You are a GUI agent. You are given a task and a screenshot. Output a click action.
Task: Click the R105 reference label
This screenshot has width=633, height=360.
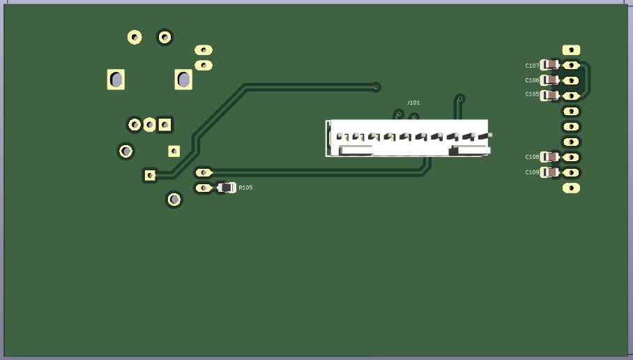pos(245,188)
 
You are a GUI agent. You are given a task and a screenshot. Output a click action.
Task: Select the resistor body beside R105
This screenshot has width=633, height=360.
pos(225,187)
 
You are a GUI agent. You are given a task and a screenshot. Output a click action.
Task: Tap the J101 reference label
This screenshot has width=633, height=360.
pos(413,103)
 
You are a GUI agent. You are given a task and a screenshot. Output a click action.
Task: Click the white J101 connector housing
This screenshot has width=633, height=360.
pos(408,138)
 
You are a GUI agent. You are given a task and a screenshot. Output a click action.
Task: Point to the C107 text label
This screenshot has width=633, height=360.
pos(532,66)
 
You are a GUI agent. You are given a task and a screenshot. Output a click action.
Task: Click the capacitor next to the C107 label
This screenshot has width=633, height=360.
pos(550,65)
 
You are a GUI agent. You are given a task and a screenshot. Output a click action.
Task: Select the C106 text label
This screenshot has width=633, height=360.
pos(532,80)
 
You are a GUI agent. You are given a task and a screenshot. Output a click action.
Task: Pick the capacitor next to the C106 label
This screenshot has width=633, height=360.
pos(550,80)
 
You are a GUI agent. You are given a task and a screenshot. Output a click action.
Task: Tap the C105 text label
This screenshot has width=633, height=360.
pos(532,94)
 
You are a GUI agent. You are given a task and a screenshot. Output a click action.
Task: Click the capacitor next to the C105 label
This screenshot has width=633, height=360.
pos(550,95)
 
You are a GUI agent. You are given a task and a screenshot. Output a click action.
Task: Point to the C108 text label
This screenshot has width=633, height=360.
pos(532,157)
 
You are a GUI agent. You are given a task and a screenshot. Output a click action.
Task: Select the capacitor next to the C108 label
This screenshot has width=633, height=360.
pos(550,157)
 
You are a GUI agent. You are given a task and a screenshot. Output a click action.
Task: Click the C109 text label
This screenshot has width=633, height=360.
pos(532,172)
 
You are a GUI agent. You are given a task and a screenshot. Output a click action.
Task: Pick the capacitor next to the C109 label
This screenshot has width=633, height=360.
pos(550,172)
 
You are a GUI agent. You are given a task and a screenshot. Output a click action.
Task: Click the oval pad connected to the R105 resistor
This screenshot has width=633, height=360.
pos(203,188)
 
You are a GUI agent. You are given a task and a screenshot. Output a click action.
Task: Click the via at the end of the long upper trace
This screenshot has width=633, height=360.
pos(376,87)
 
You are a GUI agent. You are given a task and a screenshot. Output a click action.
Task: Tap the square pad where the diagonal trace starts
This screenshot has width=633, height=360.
pos(150,174)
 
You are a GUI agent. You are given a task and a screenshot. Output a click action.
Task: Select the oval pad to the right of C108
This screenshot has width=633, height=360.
pos(571,157)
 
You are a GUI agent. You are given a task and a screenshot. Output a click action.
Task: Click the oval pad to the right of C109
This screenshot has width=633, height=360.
pos(571,172)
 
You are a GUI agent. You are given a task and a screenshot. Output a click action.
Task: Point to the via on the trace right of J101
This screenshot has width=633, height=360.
pos(459,98)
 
